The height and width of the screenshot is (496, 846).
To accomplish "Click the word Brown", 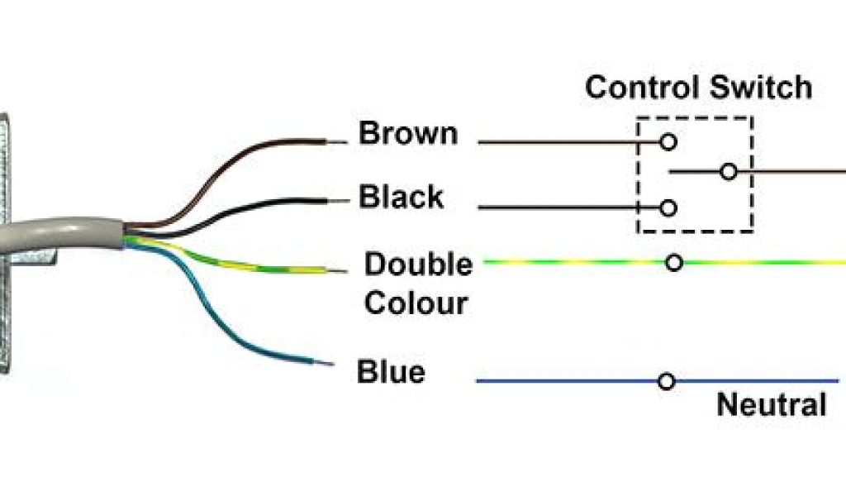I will click(x=407, y=134).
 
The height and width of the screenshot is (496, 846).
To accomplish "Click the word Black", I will click(x=401, y=198).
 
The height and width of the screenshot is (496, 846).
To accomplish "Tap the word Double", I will click(x=419, y=265).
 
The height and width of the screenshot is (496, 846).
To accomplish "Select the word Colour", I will click(x=416, y=303).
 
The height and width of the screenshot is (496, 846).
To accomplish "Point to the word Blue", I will click(x=391, y=372).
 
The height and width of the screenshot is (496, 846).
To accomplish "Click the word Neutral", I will click(x=771, y=405).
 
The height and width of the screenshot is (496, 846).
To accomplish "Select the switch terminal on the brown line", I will click(x=668, y=142).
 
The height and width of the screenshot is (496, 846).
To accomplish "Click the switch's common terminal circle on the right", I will click(x=728, y=172).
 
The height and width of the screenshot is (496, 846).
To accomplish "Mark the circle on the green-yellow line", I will click(x=674, y=263).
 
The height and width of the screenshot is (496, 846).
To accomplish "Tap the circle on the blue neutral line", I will click(x=667, y=381).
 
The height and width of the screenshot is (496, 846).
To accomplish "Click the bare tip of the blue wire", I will click(x=329, y=364).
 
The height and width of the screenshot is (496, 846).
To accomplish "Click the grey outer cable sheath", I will click(x=66, y=234).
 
